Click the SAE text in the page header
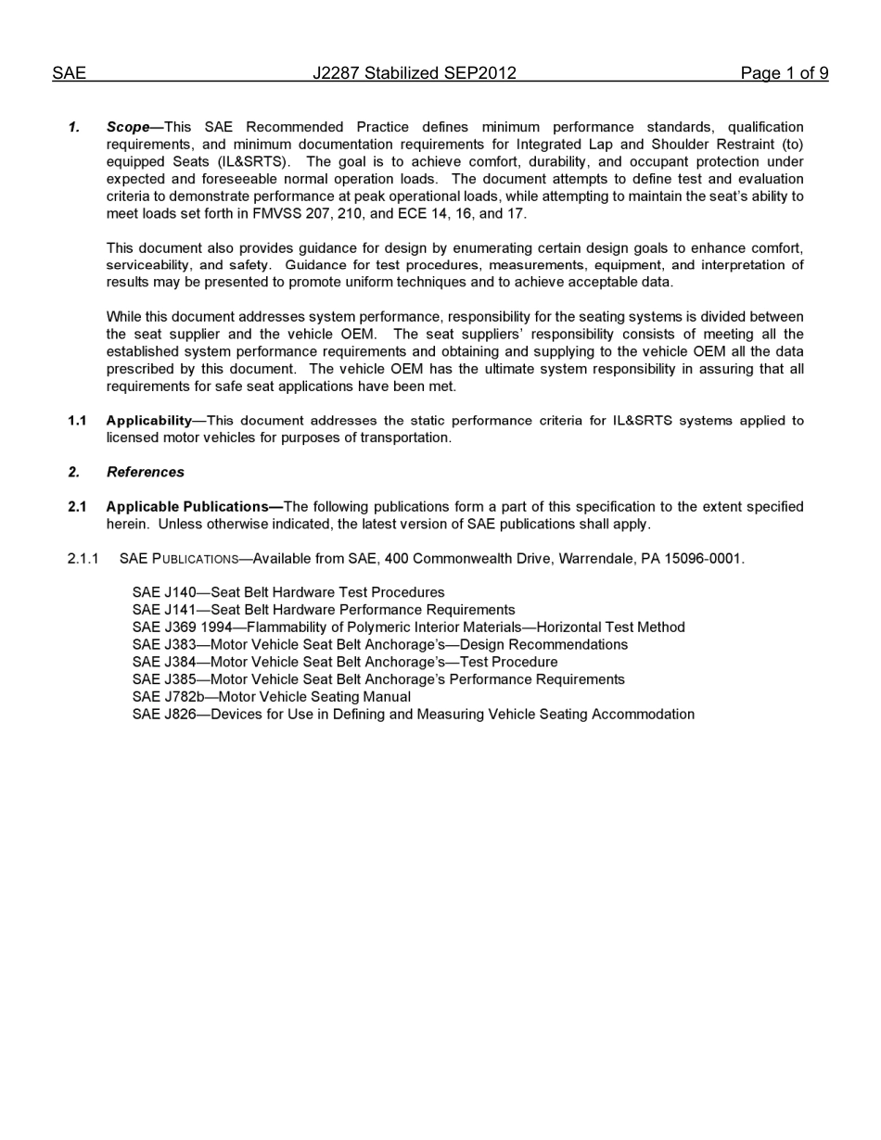pyautogui.click(x=69, y=73)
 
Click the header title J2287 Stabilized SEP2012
pyautogui.click(x=414, y=73)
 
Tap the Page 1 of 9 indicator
pyautogui.click(x=784, y=73)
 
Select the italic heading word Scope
pyautogui.click(x=128, y=127)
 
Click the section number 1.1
pyautogui.click(x=77, y=421)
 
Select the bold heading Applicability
pyautogui.click(x=148, y=421)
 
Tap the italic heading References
pyautogui.click(x=146, y=473)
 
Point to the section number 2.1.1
pyautogui.click(x=83, y=559)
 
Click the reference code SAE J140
pyautogui.click(x=164, y=593)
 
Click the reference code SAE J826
pyautogui.click(x=164, y=715)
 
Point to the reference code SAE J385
pyautogui.click(x=164, y=679)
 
